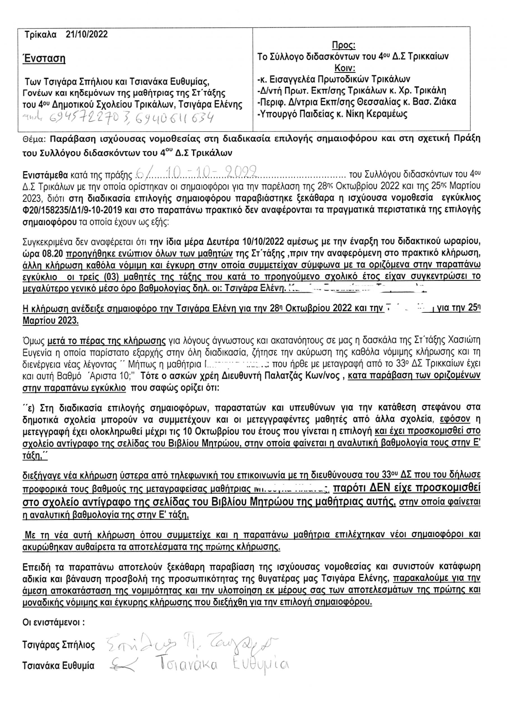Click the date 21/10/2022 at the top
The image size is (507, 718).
(87, 34)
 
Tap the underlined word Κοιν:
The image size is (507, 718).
(345, 68)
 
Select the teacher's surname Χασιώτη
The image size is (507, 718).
(462, 340)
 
